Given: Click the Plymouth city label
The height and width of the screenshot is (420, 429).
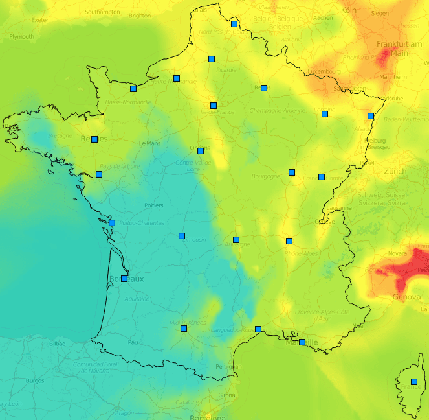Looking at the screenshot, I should pos(22,37).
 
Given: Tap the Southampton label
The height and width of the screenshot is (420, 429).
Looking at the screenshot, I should pos(102,12).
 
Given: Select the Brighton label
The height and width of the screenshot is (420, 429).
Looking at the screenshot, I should pos(140,16).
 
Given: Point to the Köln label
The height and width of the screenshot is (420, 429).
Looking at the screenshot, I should pos(349,10).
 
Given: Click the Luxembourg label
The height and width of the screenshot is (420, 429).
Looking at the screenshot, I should pos(324,71).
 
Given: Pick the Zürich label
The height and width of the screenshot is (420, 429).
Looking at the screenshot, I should pos(395,171).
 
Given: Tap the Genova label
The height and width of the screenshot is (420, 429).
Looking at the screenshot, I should pos(406,297).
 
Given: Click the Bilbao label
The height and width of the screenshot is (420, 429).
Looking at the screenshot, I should pos(57,344).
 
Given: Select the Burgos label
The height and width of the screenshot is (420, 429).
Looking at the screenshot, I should pos(34,380).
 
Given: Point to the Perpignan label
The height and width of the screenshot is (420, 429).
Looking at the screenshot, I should pos(228,367).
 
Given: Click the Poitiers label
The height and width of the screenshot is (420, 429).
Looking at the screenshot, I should pos(154,205).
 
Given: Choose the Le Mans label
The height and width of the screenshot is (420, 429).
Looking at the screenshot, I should pos(150,143).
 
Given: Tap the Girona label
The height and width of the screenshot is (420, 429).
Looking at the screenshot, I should pos(227,395).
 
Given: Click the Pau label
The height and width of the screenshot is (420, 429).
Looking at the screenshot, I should pos(133,342).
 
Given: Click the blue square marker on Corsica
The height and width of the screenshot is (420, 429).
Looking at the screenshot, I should pos(414,382).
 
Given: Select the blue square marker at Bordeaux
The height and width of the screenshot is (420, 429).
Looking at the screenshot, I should pos(124,279).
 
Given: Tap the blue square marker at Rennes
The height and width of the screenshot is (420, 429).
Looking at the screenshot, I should pos(94,139).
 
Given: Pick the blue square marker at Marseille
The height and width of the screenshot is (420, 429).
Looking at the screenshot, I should pos(302,342).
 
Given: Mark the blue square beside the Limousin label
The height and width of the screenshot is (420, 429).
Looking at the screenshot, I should pos(182,236).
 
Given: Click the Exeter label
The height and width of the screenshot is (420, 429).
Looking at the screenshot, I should pos(40,20).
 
